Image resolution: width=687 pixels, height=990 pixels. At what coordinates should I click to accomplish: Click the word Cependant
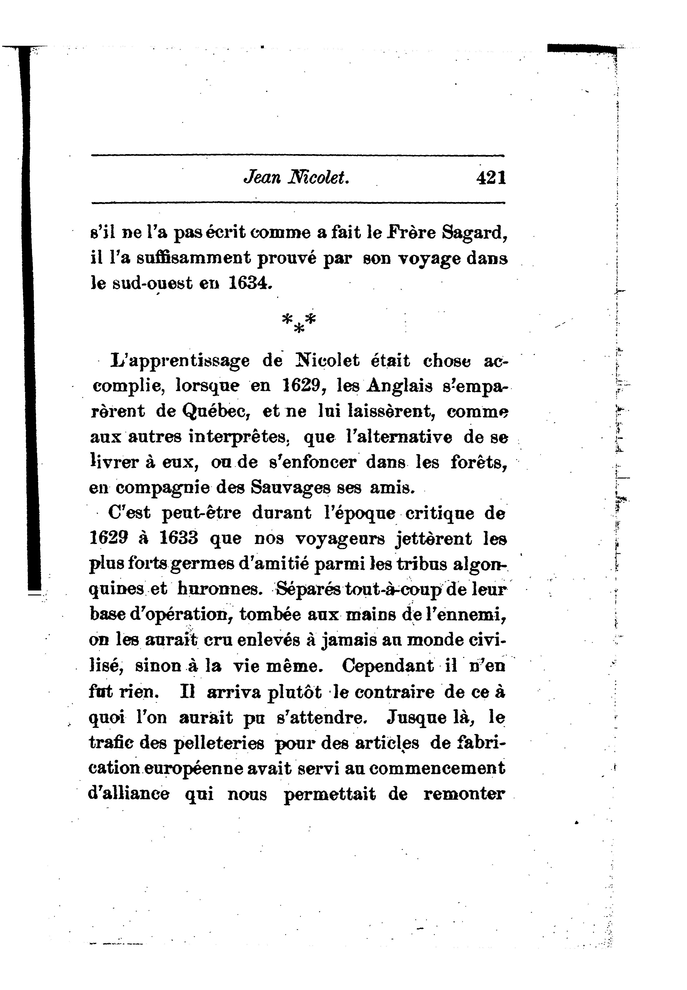click(x=388, y=665)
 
